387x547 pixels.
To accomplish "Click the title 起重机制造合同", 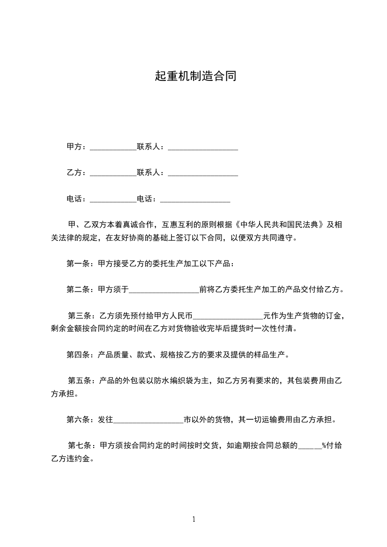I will (x=195, y=76).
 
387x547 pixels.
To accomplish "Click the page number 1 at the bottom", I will (x=194, y=519).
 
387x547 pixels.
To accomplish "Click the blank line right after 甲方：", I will (x=113, y=147).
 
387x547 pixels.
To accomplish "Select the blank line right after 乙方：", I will (x=113, y=173).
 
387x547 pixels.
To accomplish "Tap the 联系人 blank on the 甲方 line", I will (x=203, y=147).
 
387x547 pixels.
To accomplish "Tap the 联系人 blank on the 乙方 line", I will (x=203, y=173).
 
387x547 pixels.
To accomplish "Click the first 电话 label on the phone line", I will (x=76, y=199).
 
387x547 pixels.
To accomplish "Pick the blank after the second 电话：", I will (x=195, y=199).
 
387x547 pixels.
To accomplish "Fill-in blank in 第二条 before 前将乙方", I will (x=164, y=290).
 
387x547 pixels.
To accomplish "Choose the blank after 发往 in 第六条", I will (x=148, y=419).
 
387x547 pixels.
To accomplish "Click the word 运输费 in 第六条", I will (x=285, y=419).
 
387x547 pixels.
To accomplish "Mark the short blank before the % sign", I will (x=309, y=446).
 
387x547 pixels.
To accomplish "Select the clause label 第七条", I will (x=79, y=446).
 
